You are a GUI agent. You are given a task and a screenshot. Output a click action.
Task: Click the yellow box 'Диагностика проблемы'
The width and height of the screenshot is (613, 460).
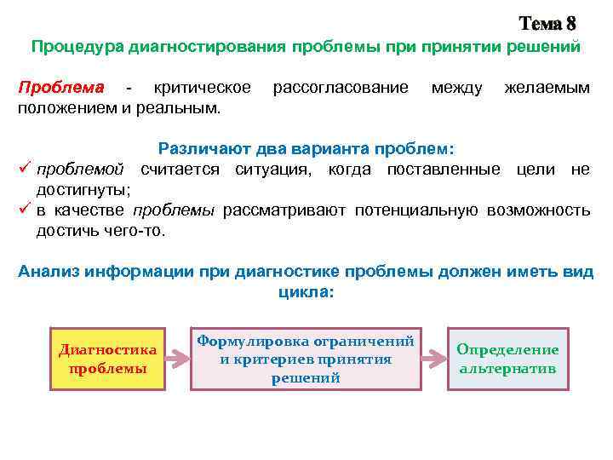point(108,359)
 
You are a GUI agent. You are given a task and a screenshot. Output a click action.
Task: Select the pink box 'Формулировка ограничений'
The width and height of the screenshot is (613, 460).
point(306,359)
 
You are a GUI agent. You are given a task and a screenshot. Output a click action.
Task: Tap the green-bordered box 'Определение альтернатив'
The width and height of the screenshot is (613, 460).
point(507,359)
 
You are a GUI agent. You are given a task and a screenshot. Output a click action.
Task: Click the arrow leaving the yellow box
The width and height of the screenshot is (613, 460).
point(177,359)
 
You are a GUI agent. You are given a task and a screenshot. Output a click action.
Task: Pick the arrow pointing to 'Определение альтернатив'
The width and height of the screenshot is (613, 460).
point(433,359)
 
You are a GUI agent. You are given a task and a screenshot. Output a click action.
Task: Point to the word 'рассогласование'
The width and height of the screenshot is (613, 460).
point(340,88)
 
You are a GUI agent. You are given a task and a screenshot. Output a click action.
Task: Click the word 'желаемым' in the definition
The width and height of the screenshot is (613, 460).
point(547,88)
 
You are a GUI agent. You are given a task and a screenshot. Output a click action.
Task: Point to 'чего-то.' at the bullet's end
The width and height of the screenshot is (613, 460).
point(140,230)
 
